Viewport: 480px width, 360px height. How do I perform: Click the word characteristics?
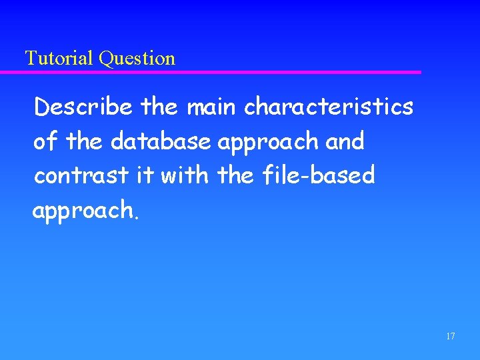point(329,107)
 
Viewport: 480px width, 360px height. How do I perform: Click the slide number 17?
point(451,336)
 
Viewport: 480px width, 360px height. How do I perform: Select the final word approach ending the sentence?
point(83,211)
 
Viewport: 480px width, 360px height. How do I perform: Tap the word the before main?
point(161,107)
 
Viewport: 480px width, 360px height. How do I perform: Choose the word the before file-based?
point(236,176)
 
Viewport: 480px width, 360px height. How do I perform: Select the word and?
point(345,141)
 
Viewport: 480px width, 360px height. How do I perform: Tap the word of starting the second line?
point(45,141)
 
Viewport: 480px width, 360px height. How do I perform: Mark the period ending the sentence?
point(137,217)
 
